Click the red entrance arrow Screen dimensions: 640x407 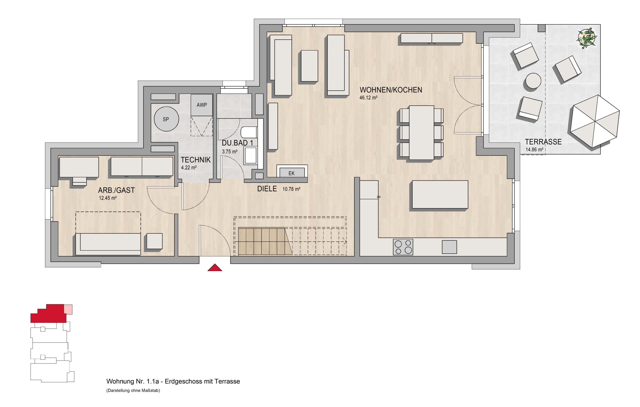pos(215,268)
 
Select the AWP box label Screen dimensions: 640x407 pos(202,105)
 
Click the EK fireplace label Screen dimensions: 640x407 pos(291,173)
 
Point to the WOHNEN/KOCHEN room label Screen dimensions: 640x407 pos(391,90)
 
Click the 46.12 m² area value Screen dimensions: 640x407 pos(368,97)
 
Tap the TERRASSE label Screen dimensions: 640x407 pos(543,142)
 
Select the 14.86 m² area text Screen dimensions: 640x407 pos(534,150)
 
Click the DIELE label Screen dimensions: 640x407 pos(267,189)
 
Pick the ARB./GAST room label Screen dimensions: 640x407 pos(116,190)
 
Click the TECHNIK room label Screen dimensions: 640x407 pos(195,160)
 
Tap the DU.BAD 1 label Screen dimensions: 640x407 pos(237,143)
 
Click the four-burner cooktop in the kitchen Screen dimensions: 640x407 pos(403,247)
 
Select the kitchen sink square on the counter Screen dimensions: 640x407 pos(449,247)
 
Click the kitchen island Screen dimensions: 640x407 pos(440,194)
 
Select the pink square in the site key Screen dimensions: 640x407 pos(68,310)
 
